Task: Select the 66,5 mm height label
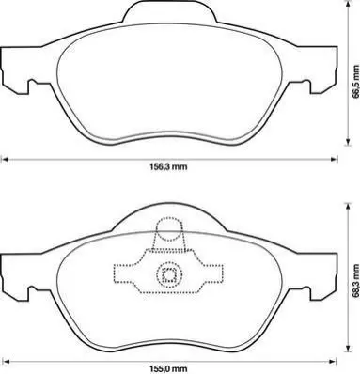(x=355, y=82)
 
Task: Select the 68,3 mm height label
(x=355, y=281)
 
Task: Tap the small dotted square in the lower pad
(x=169, y=275)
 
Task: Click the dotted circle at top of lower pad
(x=169, y=229)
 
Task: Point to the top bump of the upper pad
(x=169, y=12)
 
